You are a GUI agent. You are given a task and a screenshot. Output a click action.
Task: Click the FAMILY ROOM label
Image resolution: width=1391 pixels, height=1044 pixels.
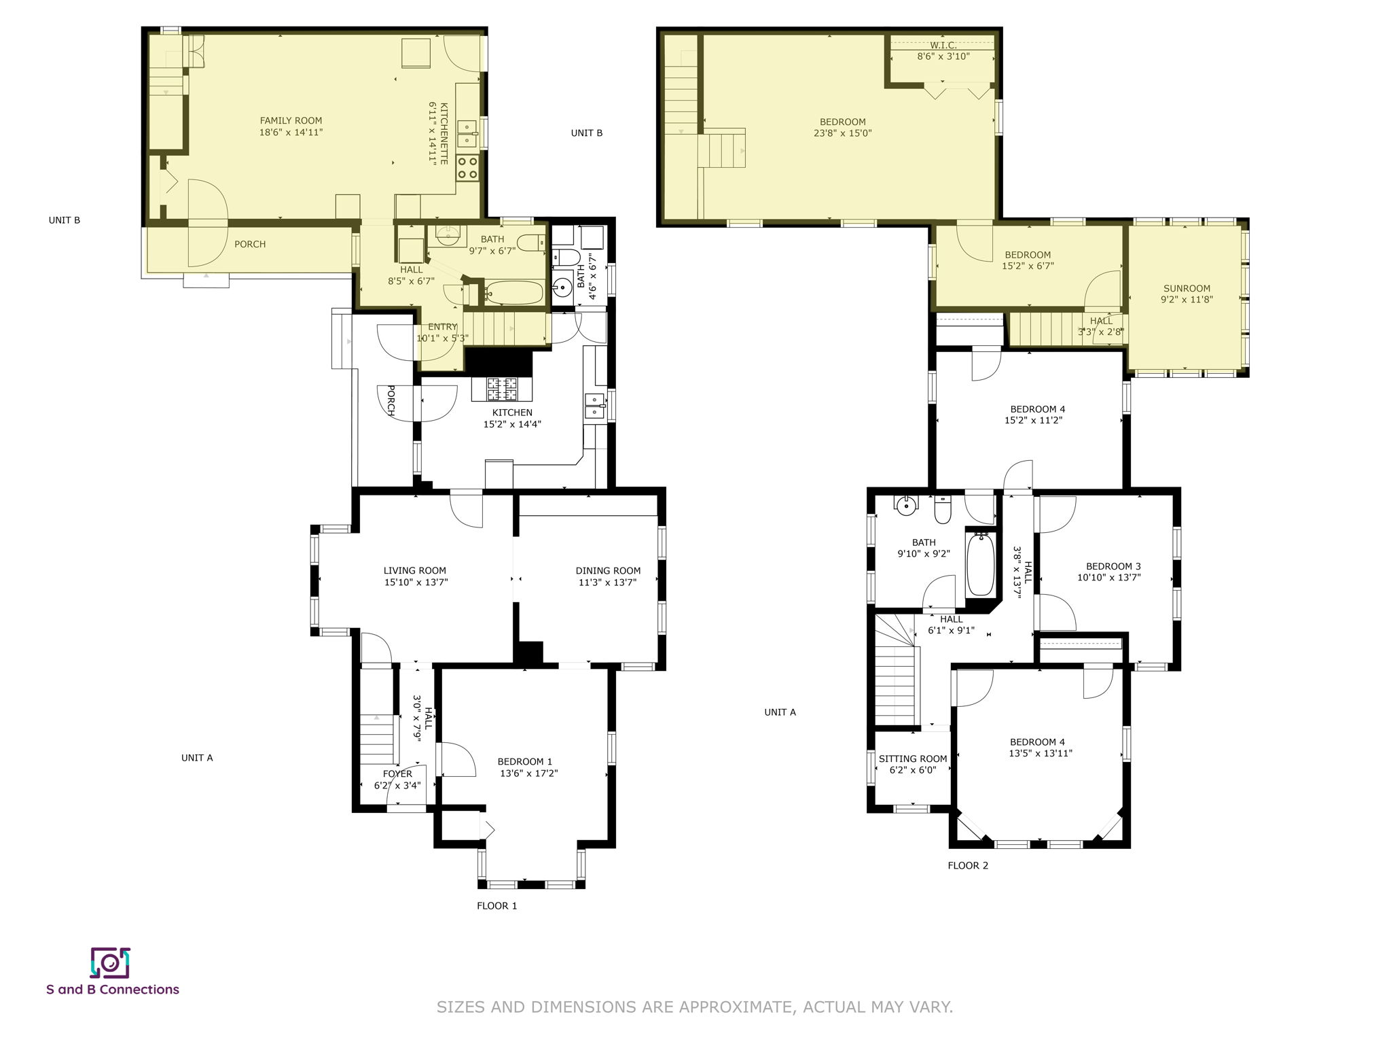click(x=291, y=121)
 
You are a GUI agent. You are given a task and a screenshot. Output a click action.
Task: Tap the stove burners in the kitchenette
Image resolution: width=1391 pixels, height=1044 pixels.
click(x=467, y=167)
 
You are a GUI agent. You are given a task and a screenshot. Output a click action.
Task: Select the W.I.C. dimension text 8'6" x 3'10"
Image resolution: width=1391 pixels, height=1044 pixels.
click(x=943, y=56)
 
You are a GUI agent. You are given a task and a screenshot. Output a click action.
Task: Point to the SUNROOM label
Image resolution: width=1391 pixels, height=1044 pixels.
click(x=1187, y=288)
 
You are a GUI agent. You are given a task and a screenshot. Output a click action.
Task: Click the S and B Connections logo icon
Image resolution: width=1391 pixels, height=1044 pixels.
click(x=110, y=962)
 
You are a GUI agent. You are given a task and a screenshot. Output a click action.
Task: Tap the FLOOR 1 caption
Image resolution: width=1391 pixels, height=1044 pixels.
click(x=496, y=905)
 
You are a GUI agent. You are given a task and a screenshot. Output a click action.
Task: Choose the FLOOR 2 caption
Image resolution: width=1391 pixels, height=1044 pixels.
click(x=968, y=865)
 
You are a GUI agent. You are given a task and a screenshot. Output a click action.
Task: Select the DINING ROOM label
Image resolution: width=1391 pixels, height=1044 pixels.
click(x=608, y=571)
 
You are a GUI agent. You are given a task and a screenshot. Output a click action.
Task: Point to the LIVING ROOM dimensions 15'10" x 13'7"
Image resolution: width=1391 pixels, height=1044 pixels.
click(x=416, y=582)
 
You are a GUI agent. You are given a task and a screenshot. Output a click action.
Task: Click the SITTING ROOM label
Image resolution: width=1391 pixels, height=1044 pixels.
click(x=912, y=759)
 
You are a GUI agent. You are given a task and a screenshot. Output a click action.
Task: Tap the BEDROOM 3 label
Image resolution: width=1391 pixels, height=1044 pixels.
click(x=1113, y=566)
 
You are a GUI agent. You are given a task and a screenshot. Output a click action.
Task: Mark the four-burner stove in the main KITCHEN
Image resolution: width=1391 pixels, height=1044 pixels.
click(x=502, y=388)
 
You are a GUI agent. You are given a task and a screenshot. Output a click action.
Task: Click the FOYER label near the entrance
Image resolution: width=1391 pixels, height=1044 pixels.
click(x=397, y=773)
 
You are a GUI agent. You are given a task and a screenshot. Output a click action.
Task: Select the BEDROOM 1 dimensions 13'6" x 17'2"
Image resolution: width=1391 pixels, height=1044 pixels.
click(x=528, y=773)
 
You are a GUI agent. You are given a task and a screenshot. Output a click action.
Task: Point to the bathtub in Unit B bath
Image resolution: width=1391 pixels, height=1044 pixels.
click(x=514, y=293)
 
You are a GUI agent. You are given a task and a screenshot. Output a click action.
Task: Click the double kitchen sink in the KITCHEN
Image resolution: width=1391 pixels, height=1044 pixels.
click(x=594, y=406)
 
